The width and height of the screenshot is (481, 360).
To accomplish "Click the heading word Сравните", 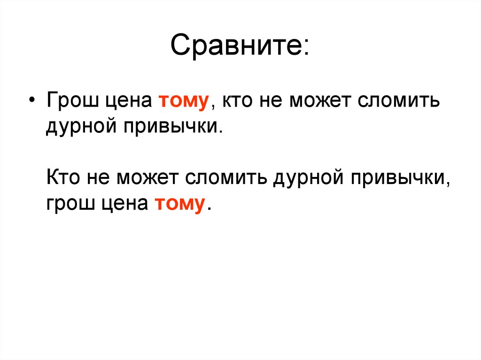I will pyautogui.click(x=239, y=46).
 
